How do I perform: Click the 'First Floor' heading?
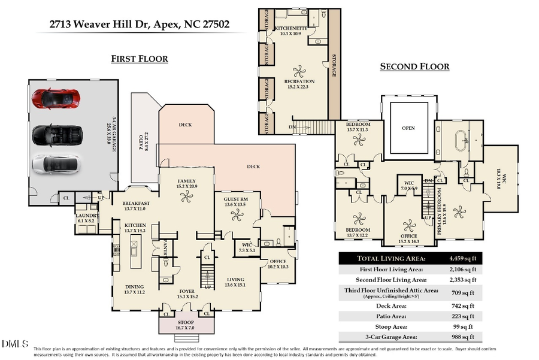[x=139, y=59]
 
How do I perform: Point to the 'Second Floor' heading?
[x=414, y=66]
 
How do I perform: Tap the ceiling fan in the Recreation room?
[x=298, y=69]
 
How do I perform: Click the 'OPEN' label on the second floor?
[x=408, y=128]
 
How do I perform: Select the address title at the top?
[x=139, y=25]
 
